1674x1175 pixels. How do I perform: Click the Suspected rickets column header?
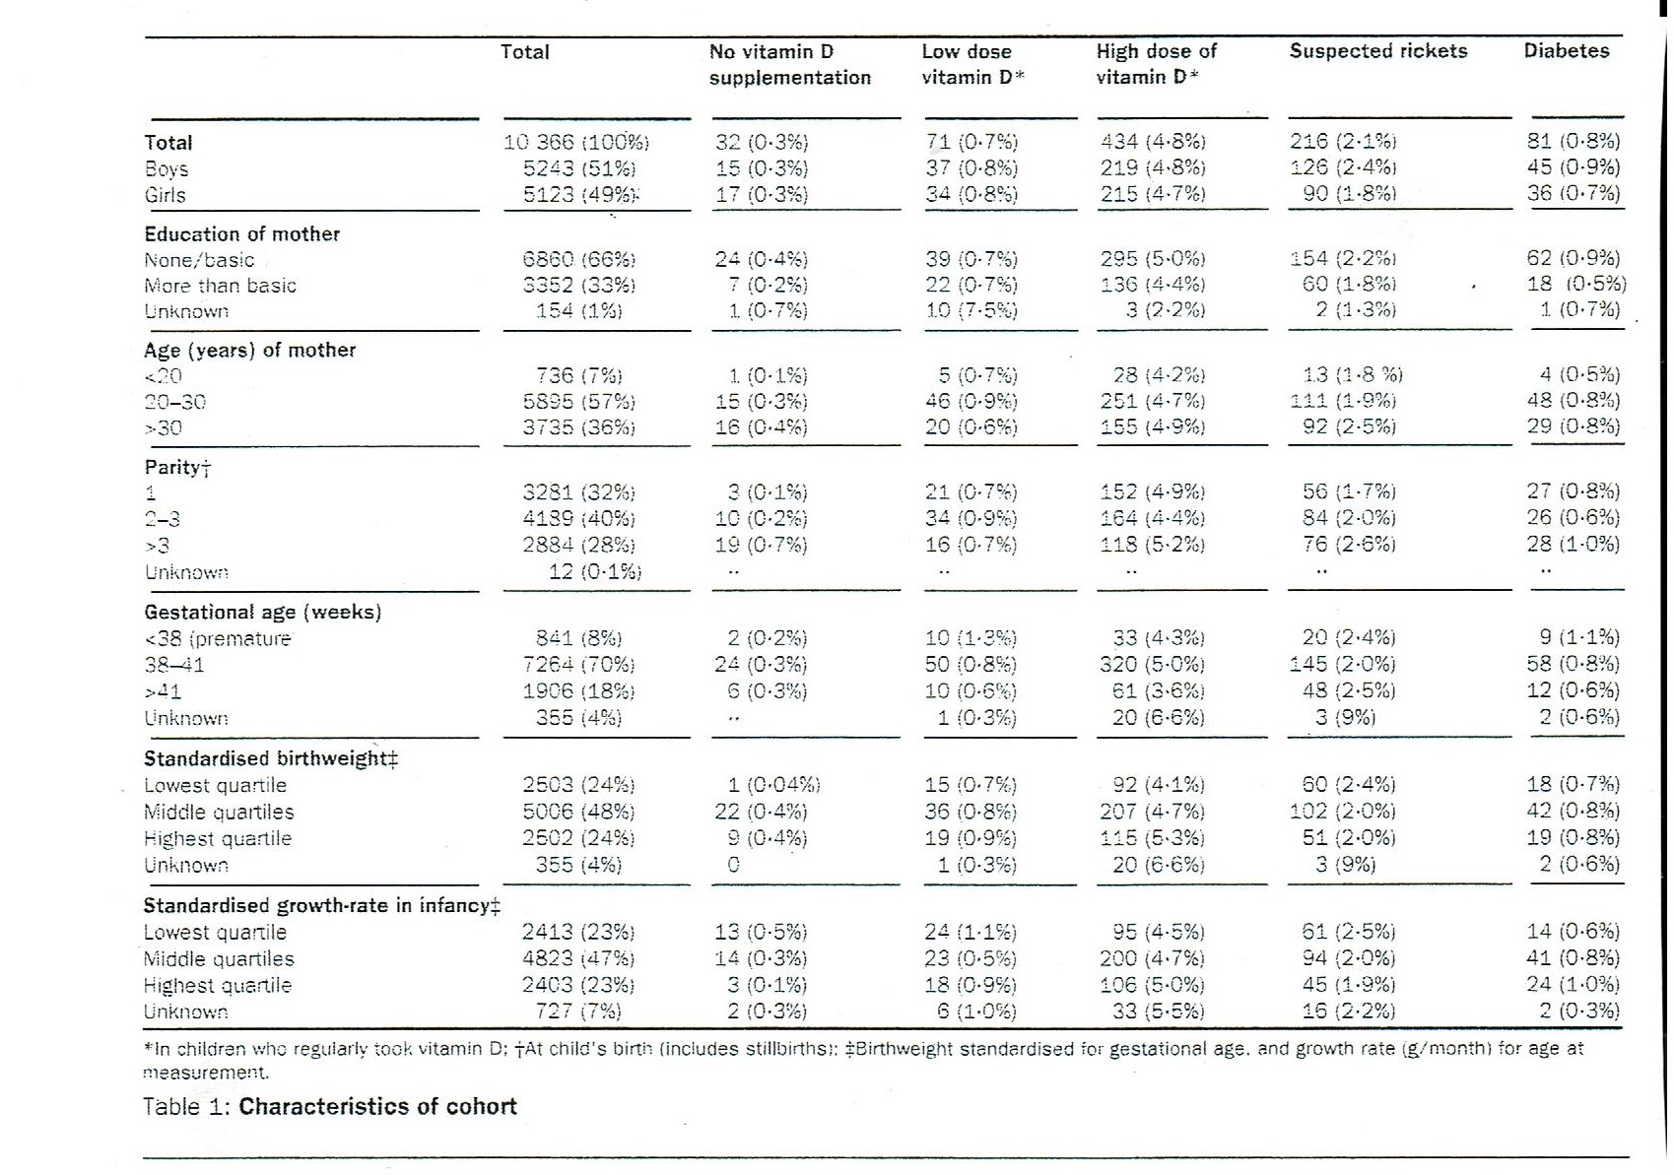[1377, 51]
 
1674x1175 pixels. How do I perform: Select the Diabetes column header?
[1566, 51]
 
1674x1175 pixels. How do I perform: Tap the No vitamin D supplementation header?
[789, 64]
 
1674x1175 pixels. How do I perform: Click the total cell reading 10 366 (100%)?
[576, 142]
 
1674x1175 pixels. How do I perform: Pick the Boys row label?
[166, 168]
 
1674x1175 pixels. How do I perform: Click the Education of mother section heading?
[241, 234]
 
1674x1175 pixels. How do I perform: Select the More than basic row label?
[220, 286]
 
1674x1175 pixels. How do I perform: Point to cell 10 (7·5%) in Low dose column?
[971, 310]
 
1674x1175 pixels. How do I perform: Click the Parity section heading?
[177, 467]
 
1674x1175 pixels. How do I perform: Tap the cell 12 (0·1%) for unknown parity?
[595, 571]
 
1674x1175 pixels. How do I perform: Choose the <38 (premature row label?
[218, 638]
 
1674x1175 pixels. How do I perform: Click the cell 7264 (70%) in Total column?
[578, 665]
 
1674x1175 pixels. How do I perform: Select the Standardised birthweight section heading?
[270, 758]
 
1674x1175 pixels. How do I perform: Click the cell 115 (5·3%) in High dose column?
[1152, 838]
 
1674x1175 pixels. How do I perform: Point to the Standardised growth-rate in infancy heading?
[321, 905]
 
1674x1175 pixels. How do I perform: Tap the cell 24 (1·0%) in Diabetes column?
[1573, 984]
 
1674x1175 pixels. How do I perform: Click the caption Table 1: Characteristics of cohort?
[329, 1106]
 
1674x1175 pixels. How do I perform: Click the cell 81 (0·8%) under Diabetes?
[1573, 141]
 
